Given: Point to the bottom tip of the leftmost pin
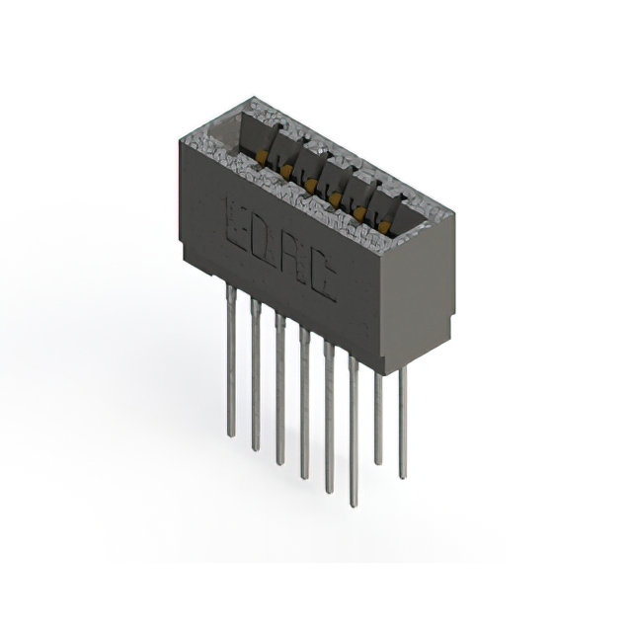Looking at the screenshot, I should coord(231,434).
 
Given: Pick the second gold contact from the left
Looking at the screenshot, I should coord(286,172).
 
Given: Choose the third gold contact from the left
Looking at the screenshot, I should coord(311,185).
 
